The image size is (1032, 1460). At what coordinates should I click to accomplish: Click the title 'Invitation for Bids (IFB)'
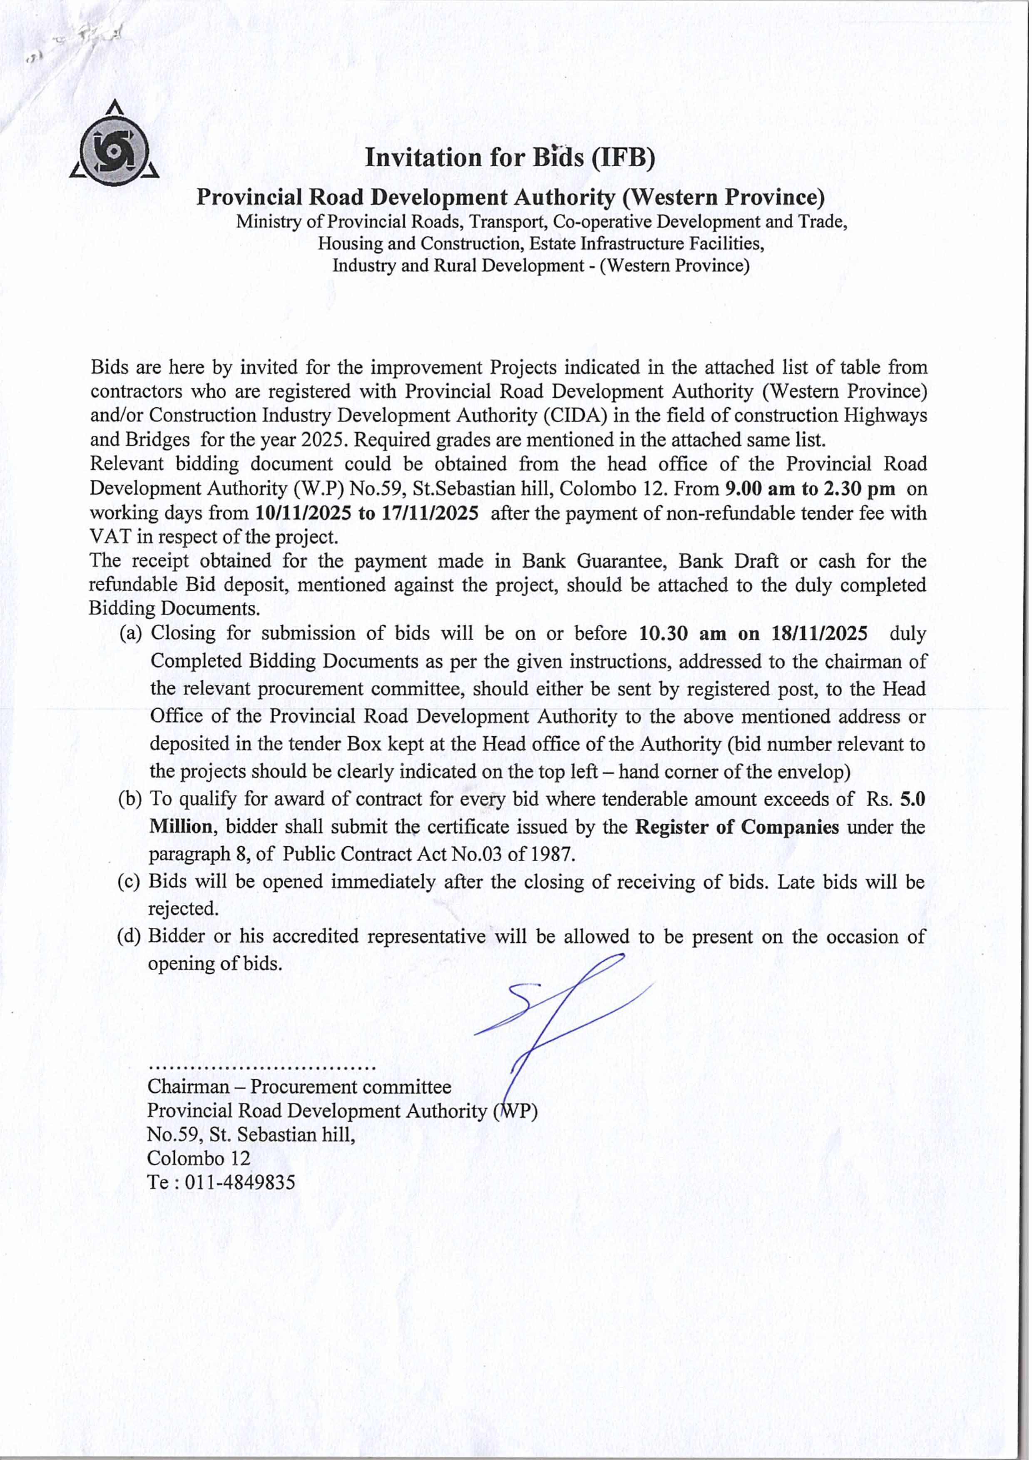pyautogui.click(x=509, y=158)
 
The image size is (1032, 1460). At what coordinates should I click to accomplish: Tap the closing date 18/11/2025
pyautogui.click(x=819, y=634)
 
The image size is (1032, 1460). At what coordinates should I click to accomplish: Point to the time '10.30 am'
pyautogui.click(x=682, y=634)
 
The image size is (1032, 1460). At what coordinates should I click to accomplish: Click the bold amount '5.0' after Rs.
pyautogui.click(x=913, y=799)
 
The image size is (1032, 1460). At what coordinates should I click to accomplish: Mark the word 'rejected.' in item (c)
pyautogui.click(x=183, y=909)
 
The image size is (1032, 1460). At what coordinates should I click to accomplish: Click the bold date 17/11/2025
pyautogui.click(x=430, y=513)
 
